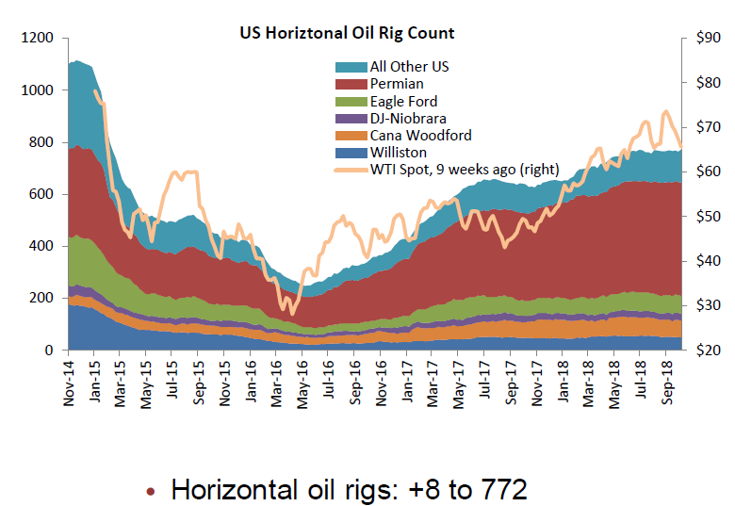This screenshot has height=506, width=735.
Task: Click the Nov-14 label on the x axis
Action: coord(71,381)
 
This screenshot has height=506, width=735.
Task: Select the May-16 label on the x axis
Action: coord(302,381)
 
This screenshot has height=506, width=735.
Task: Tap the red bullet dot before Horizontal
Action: coord(152,491)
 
